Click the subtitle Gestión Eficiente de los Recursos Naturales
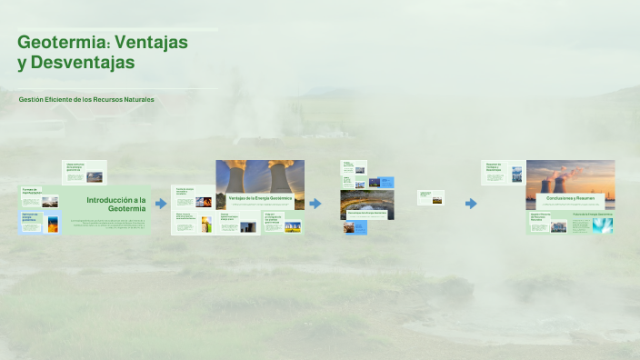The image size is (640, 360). [x=86, y=99]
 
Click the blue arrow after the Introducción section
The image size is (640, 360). [x=161, y=204]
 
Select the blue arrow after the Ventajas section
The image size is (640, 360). [x=315, y=204]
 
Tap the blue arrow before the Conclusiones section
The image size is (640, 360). [x=471, y=204]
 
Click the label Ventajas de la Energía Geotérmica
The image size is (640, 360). [x=259, y=197]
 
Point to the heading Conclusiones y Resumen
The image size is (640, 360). [x=570, y=198]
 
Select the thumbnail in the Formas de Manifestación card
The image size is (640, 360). [x=51, y=201]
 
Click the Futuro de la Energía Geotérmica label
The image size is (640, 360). [x=592, y=215]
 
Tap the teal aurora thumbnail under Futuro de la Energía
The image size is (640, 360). [x=602, y=225]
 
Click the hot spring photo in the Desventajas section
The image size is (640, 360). [x=366, y=205]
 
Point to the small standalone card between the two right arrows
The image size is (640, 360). [x=430, y=197]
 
